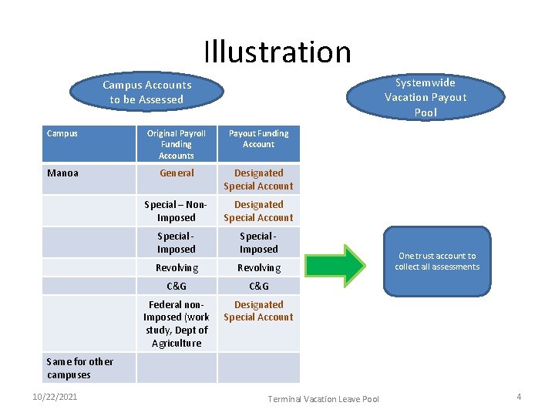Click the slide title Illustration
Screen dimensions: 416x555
[277, 52]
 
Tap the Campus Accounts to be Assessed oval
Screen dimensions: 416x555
[146, 92]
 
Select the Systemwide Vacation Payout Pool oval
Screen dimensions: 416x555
[425, 97]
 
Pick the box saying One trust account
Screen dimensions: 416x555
[437, 261]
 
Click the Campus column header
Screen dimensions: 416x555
[62, 133]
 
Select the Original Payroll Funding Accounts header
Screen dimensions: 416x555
[177, 144]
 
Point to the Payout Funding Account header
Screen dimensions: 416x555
[258, 139]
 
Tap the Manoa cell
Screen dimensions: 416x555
[62, 173]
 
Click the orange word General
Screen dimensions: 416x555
[177, 173]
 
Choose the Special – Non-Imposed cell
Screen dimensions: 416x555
[177, 211]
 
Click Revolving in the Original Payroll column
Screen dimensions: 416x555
[177, 267]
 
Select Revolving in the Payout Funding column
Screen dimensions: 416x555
[258, 267]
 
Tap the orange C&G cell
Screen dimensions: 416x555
[177, 286]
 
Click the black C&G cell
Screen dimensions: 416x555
[258, 286]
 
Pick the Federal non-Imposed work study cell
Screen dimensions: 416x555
[177, 324]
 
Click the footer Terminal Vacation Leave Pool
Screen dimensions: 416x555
[324, 398]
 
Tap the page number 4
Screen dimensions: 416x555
[519, 397]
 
